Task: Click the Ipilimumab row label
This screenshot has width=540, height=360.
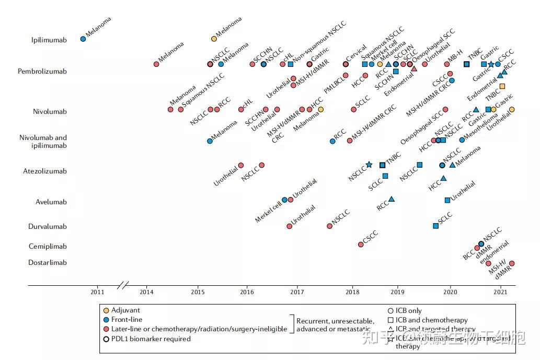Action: coord(49,40)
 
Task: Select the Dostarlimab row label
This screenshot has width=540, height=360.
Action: coord(48,262)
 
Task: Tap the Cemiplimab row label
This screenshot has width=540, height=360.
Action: coord(48,246)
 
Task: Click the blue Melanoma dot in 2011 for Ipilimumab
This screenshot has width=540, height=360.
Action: coord(83,39)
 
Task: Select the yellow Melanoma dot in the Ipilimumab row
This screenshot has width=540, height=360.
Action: coord(214,39)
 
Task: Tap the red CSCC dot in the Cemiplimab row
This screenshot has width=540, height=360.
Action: coord(361,244)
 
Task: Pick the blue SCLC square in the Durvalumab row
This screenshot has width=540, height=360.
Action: coord(436,226)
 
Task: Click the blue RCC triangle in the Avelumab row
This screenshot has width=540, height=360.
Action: coord(392,199)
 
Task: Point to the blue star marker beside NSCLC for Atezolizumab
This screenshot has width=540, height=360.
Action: coord(369,165)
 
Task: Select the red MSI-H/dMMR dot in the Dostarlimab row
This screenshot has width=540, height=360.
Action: coord(512,263)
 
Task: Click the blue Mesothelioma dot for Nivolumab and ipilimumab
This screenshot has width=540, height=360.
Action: coord(462,140)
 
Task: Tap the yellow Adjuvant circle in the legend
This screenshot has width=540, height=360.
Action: coord(107,310)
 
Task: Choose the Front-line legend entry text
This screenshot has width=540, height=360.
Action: coord(127,319)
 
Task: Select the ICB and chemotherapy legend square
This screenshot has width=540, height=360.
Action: coord(390,320)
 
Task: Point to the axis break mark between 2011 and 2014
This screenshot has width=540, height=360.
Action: coord(123,285)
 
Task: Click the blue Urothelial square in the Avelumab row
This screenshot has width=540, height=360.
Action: coord(447,200)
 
